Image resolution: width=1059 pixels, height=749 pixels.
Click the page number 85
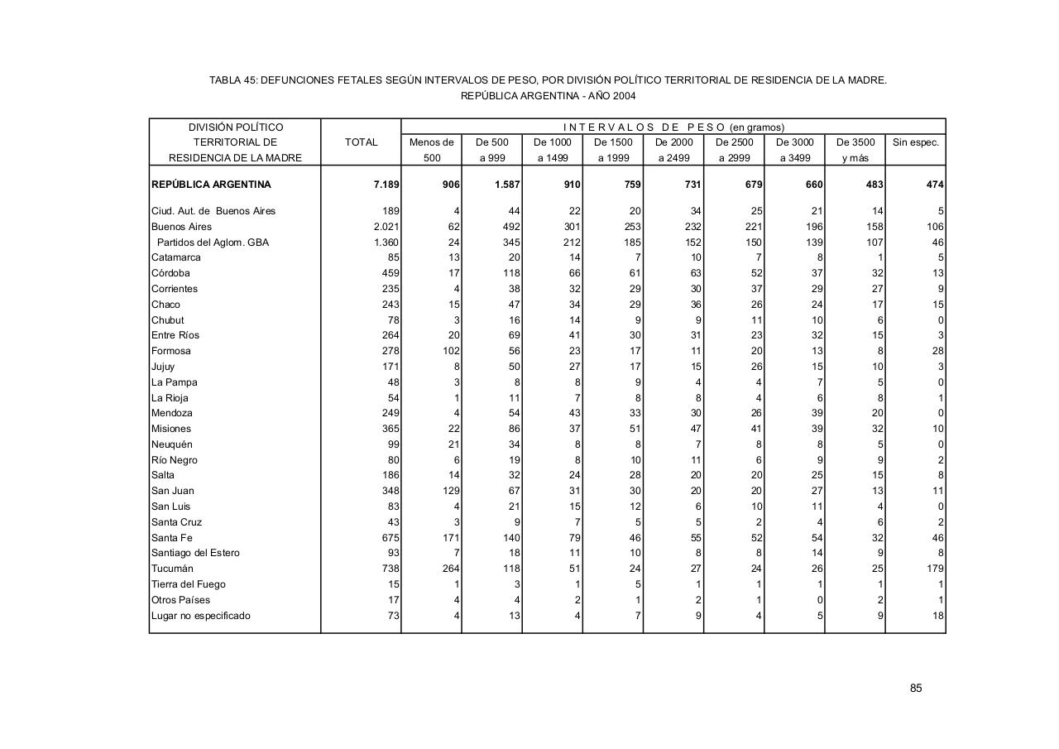coord(916,689)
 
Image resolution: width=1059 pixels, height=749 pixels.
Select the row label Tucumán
coord(172,569)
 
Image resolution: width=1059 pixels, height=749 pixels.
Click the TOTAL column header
coord(361,142)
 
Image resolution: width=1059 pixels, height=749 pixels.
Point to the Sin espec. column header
coord(915,142)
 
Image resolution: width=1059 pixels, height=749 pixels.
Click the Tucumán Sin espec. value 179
coord(935,569)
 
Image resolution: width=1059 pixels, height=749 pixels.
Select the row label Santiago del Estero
coord(195,553)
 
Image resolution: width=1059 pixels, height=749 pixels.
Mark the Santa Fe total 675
coord(390,538)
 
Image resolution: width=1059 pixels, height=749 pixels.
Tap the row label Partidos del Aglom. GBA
coord(213,242)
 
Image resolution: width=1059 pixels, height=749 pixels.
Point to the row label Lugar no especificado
coord(200,616)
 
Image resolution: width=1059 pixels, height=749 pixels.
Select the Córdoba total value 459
coord(390,273)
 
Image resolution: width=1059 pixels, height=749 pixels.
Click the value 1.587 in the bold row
coord(506,185)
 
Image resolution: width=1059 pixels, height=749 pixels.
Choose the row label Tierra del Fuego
coord(188,584)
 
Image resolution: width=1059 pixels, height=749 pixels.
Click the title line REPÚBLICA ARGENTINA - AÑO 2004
coord(548,96)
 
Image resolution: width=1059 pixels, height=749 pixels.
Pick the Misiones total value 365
coord(390,429)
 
